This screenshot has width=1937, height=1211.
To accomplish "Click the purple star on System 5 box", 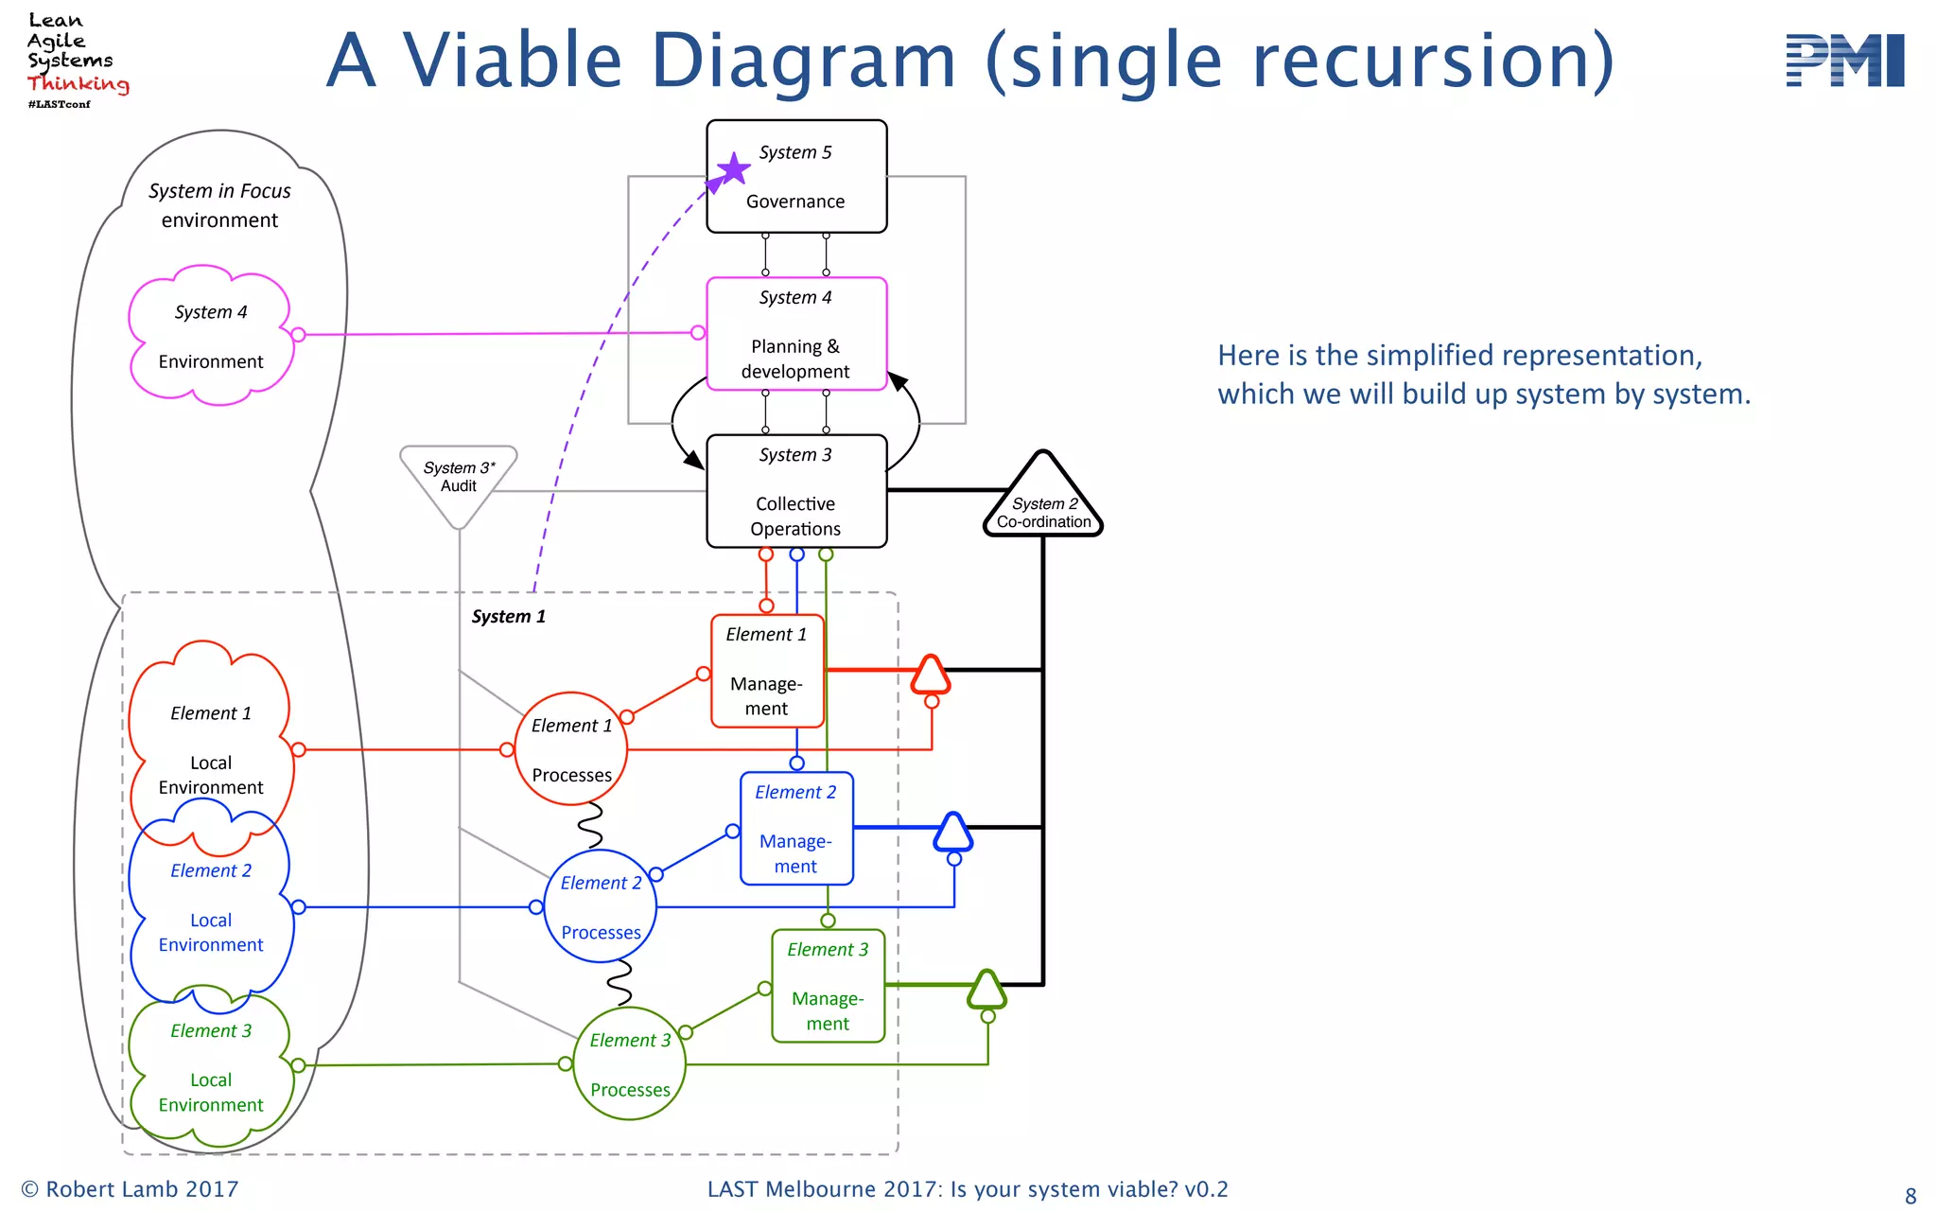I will click(733, 170).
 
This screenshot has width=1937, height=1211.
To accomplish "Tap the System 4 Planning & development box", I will click(796, 334).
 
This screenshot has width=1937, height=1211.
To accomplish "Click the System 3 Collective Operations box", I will click(796, 492).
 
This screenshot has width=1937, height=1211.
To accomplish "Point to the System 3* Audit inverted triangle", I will click(459, 481).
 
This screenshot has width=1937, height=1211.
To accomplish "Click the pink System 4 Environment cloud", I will click(211, 336).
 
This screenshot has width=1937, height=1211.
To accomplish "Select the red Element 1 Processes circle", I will click(571, 749).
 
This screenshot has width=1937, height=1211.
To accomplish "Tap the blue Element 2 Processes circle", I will click(601, 906).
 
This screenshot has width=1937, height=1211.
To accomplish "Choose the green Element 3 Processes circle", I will click(630, 1064).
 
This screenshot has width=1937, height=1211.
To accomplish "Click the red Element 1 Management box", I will click(767, 672).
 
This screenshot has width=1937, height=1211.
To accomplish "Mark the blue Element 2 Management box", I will click(796, 829).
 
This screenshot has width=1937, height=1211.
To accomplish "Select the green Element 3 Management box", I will click(828, 986).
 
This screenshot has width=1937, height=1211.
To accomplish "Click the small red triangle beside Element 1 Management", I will click(931, 676).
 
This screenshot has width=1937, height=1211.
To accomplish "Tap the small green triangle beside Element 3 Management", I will click(987, 991).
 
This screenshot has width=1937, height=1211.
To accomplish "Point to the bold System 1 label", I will click(508, 617).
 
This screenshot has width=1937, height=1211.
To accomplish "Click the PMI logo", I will click(1844, 61).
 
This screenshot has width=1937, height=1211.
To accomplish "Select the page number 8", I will click(1911, 1196).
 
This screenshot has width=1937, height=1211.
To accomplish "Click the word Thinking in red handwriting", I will click(78, 83).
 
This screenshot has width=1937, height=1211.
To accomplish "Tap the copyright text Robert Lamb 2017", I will click(131, 1189).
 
